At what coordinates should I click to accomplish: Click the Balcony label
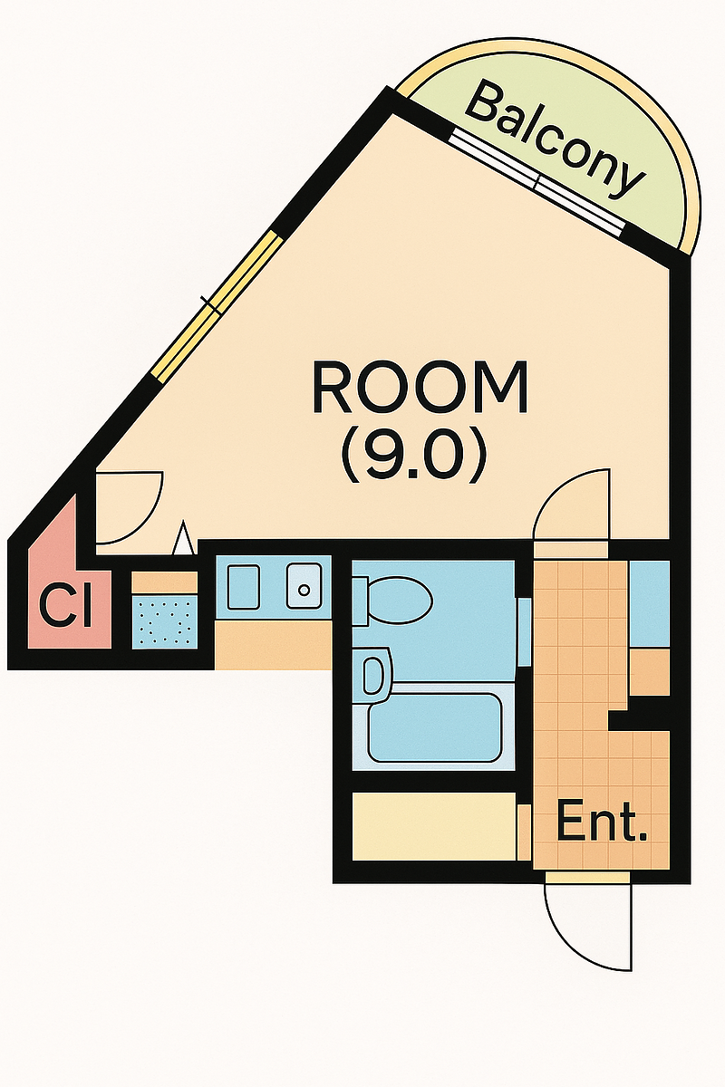tap(555, 140)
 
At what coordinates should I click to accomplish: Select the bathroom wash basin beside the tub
tap(374, 677)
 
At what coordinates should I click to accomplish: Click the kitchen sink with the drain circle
tap(304, 585)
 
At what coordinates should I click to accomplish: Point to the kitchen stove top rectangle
tap(244, 585)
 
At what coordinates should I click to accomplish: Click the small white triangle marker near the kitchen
tap(184, 538)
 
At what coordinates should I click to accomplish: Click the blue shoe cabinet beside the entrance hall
tap(650, 604)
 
